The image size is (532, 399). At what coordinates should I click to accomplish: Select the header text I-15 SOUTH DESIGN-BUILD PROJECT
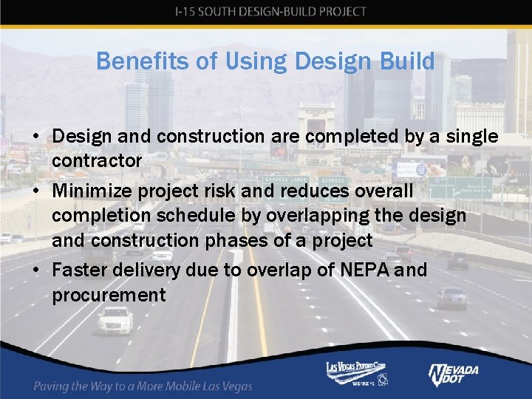[270, 11]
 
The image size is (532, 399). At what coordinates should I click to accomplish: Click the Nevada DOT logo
[453, 374]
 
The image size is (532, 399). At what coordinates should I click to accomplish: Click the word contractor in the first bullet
[98, 161]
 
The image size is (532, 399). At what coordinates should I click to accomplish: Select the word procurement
[109, 296]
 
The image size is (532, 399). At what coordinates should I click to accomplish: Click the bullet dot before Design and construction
[35, 137]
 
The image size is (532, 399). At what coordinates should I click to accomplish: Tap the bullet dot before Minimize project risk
[35, 191]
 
